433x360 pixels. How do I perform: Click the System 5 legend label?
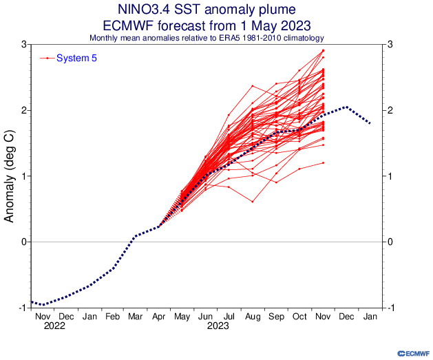point(76,58)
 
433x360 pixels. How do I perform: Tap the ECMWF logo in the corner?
point(414,353)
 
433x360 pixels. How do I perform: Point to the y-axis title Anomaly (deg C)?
point(9,176)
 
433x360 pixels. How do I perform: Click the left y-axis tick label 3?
point(24,44)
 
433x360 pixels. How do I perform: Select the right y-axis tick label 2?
point(390,110)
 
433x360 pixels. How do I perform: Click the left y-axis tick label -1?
point(23,308)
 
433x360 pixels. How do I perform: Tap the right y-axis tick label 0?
point(390,242)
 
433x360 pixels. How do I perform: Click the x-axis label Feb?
point(113,317)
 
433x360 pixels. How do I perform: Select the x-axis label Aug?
point(253,317)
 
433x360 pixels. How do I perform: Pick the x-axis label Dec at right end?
point(346,317)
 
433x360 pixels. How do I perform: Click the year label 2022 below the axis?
point(54,326)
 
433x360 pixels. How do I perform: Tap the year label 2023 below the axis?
point(218,326)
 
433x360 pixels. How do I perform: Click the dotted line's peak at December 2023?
point(346,107)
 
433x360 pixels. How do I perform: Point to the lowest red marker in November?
point(323,163)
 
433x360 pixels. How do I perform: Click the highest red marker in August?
point(253,86)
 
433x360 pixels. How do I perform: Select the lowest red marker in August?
point(253,202)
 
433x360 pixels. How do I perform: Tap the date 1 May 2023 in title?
point(275,25)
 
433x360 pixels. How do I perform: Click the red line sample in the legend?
point(47,58)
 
